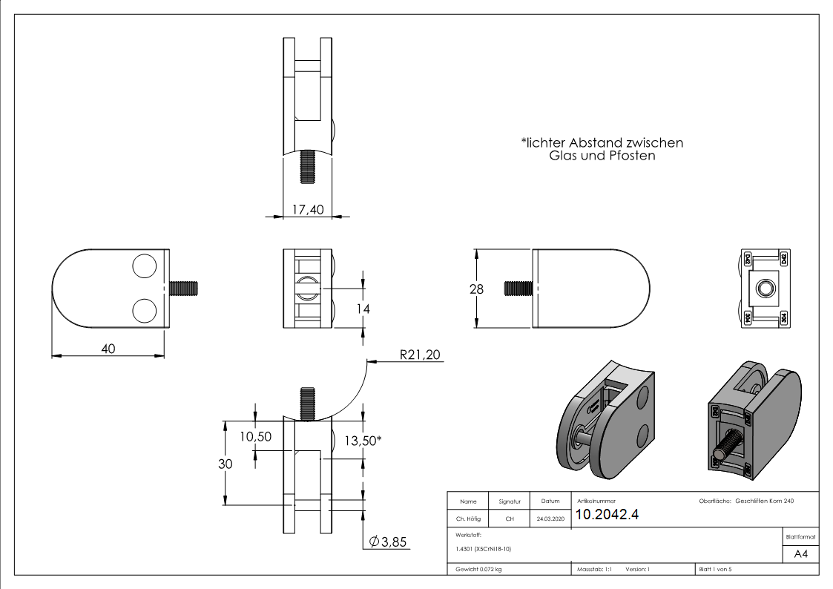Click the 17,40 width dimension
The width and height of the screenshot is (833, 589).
[307, 210]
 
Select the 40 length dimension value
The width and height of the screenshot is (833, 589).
[108, 348]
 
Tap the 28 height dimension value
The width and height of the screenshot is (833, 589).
[476, 289]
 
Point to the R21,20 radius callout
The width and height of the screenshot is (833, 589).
[420, 355]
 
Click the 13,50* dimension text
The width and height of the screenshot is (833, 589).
[363, 441]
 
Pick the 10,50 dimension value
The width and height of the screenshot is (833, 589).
[255, 437]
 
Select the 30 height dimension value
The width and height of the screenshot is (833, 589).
[225, 464]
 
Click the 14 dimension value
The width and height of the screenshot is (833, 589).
[363, 309]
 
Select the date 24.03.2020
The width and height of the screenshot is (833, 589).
[550, 519]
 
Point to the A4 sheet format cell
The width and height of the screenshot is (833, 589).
[801, 554]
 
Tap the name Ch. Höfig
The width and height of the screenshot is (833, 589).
[468, 519]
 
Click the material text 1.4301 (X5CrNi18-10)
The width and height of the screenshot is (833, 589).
[484, 549]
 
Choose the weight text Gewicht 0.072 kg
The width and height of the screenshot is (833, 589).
[479, 570]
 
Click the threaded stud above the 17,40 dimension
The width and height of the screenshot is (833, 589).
[307, 166]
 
